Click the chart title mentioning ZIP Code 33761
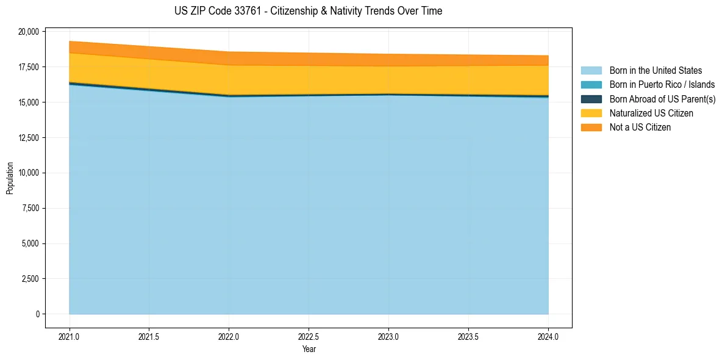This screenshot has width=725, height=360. click(308, 11)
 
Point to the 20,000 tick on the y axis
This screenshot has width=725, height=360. click(29, 32)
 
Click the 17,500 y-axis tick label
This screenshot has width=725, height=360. click(29, 67)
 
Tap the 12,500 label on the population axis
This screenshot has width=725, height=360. click(29, 138)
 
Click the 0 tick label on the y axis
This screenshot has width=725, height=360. click(37, 314)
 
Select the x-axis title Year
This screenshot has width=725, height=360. click(309, 350)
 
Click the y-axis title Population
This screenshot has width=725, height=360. click(10, 178)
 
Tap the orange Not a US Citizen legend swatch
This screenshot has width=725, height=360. click(591, 128)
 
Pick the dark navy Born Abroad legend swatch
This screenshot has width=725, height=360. click(591, 99)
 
